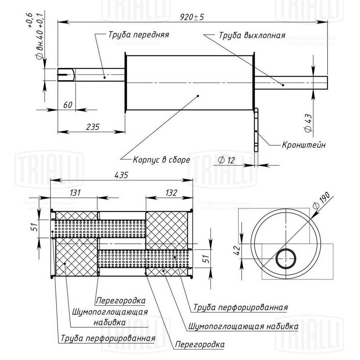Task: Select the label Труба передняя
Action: [x=138, y=35]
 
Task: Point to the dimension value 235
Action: [x=93, y=126]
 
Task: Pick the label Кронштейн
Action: [x=304, y=145]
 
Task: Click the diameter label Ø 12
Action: [x=226, y=160]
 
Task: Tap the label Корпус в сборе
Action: [x=161, y=159]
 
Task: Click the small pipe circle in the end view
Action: [x=287, y=259]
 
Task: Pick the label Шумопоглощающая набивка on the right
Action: [x=243, y=327]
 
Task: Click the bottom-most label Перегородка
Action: [x=199, y=345]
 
